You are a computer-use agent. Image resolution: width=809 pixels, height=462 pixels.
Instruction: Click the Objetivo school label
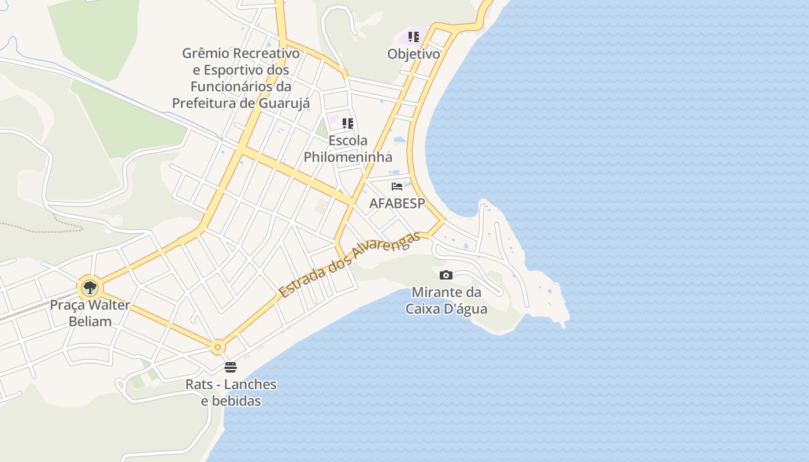point(414,54)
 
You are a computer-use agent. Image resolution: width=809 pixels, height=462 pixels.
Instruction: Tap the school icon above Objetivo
point(414,37)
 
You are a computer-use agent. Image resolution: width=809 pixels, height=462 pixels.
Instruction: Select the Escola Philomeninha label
point(348,148)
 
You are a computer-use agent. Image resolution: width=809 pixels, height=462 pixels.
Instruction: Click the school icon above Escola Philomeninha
point(347,123)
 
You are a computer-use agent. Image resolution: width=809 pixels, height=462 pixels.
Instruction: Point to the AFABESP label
point(397,203)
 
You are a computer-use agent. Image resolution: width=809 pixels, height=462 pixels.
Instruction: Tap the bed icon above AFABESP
point(397,187)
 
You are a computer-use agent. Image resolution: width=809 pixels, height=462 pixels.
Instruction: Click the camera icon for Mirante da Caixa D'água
point(446,275)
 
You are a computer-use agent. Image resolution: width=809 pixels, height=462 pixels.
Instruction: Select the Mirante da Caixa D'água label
point(446,300)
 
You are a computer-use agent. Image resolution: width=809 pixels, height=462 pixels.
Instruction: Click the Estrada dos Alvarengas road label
point(349,266)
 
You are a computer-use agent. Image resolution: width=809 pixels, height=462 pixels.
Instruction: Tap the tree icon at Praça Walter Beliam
point(90,287)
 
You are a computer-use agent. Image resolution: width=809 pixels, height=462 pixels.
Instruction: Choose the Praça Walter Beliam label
point(90,313)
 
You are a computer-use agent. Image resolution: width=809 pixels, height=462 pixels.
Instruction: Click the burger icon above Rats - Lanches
point(231,367)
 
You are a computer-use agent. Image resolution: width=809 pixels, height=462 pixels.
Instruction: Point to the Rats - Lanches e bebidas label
point(231,392)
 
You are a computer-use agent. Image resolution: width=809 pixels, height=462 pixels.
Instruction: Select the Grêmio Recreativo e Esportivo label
point(241,78)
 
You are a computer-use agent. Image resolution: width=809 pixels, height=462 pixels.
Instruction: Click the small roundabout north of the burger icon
point(218,347)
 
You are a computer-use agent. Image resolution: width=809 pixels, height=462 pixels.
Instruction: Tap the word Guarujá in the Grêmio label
point(284,103)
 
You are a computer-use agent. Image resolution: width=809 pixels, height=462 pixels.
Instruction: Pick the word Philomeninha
point(348,157)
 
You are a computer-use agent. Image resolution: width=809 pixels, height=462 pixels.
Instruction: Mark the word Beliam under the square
point(90,321)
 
